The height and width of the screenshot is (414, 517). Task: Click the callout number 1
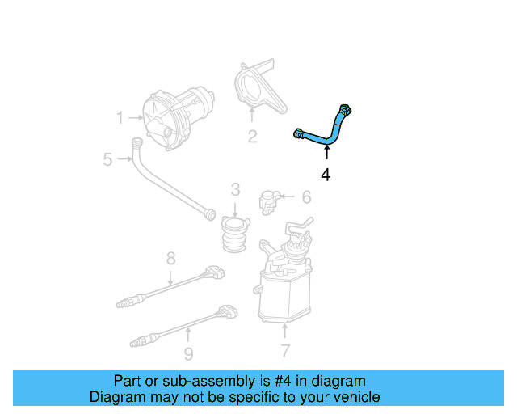(x=120, y=118)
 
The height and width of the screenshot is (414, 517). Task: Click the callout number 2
(x=252, y=137)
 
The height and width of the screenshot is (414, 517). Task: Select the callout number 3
(x=235, y=190)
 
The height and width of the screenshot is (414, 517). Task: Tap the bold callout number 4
(x=326, y=174)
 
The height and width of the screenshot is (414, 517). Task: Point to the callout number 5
(x=107, y=159)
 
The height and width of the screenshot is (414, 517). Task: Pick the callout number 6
(x=306, y=196)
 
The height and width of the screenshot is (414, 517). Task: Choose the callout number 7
(x=284, y=351)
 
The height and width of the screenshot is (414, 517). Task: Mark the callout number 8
(x=171, y=258)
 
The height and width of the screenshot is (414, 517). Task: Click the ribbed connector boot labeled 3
(x=235, y=234)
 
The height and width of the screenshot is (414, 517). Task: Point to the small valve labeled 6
(x=268, y=199)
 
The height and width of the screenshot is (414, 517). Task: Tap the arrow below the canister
(x=284, y=329)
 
